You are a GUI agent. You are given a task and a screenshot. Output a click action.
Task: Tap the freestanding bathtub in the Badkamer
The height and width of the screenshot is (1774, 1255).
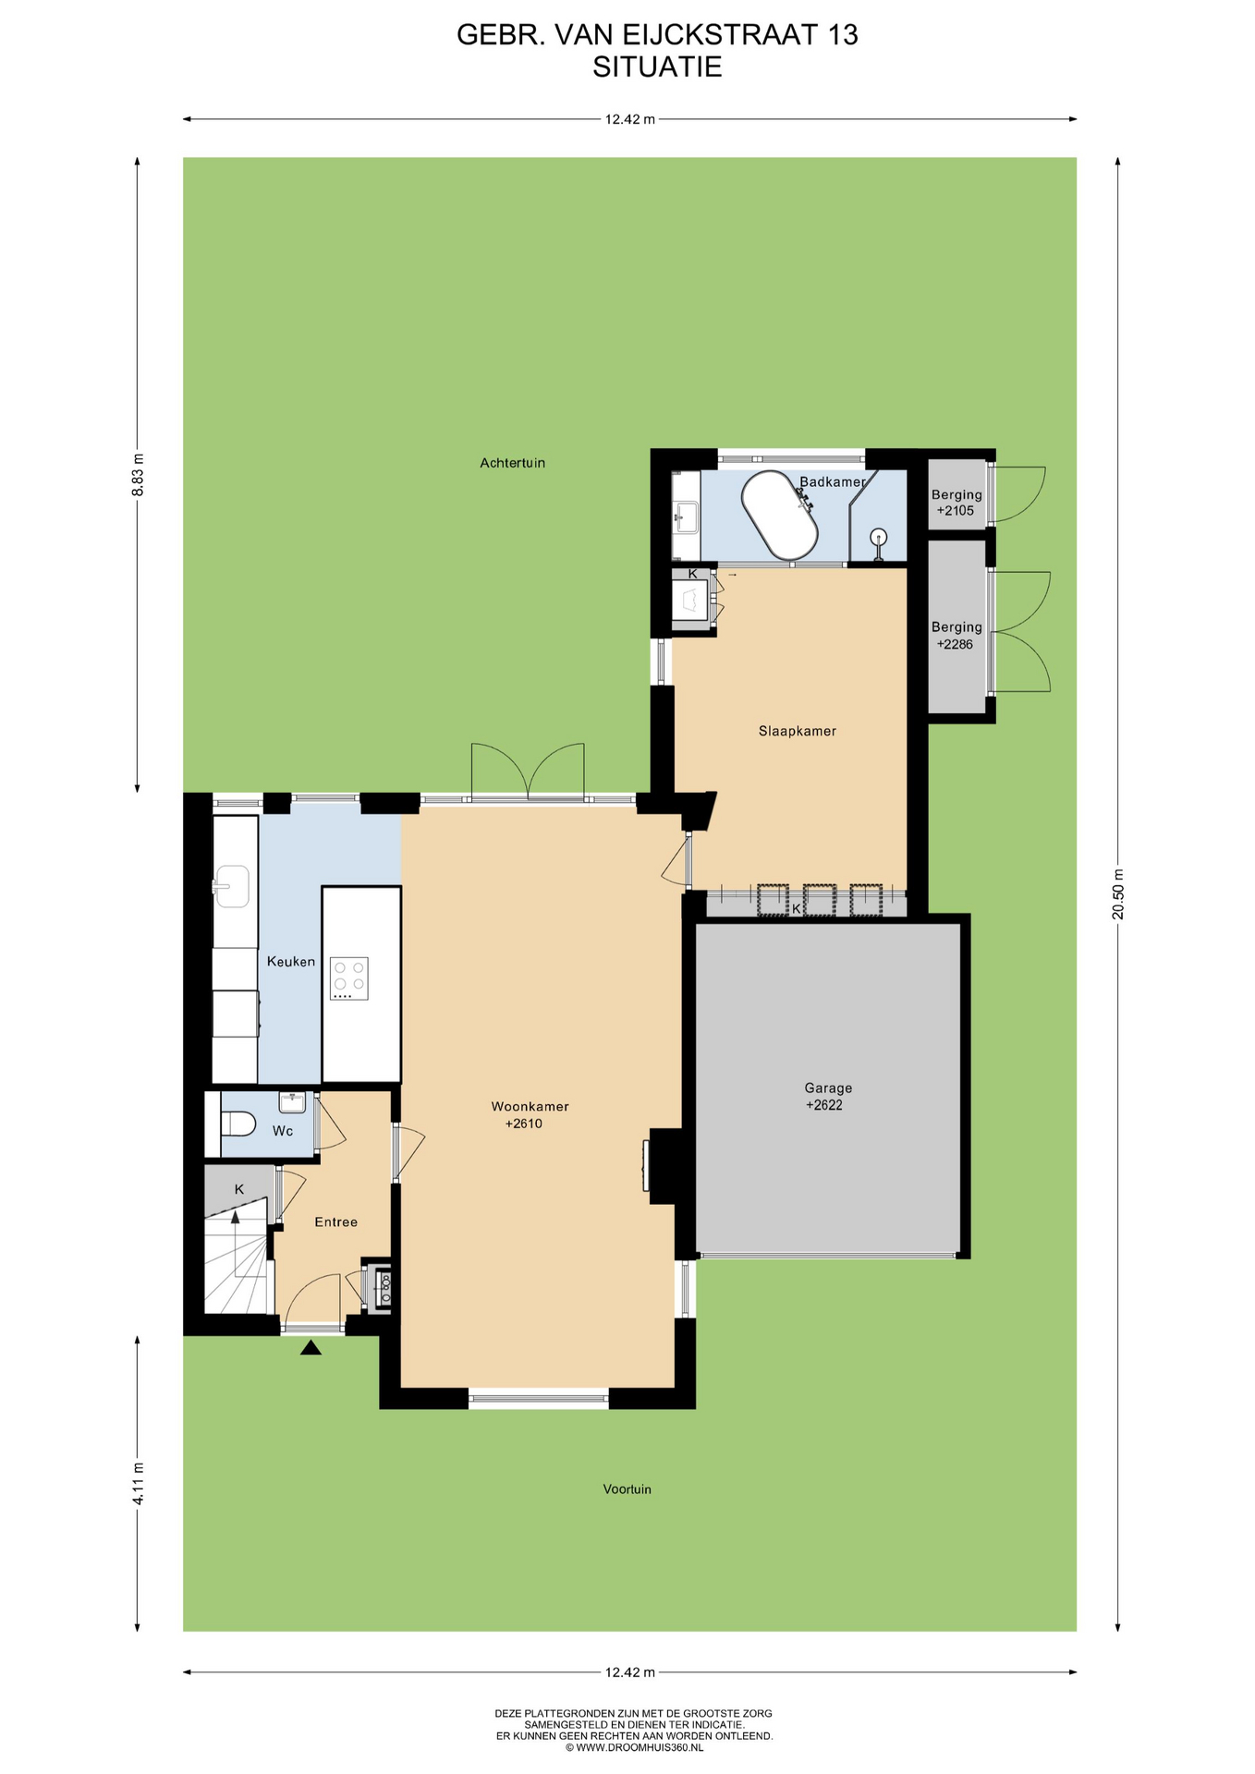tap(779, 516)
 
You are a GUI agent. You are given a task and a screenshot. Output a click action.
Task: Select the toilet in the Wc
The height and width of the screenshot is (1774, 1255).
tap(238, 1124)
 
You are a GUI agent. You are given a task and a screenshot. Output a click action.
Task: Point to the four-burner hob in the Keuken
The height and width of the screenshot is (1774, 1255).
tap(349, 978)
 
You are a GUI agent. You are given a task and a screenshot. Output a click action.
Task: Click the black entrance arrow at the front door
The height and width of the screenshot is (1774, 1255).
tap(311, 1348)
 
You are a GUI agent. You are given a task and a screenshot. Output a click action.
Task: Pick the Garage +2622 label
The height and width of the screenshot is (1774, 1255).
tap(828, 1097)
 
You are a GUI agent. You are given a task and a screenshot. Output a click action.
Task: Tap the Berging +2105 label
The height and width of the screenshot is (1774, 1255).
tap(956, 502)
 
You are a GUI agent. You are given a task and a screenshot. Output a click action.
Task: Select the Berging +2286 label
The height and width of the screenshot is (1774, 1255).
tap(956, 635)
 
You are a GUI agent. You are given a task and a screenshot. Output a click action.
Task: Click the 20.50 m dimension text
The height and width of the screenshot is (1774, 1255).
tap(1118, 894)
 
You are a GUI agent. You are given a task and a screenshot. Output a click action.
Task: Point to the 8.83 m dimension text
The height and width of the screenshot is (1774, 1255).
tap(138, 475)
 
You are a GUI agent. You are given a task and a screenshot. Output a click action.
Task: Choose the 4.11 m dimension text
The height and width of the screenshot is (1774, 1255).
tap(138, 1484)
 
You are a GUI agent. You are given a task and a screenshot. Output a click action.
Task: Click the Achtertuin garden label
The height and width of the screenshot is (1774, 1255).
tap(512, 463)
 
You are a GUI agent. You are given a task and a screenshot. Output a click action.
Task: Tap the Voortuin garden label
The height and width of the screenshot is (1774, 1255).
tap(627, 1488)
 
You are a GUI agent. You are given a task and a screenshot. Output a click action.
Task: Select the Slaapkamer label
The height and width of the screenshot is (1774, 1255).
tap(798, 731)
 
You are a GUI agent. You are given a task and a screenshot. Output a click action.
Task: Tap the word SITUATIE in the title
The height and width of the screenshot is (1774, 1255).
tap(657, 67)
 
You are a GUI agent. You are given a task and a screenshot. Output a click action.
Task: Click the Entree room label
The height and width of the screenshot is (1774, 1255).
tap(335, 1221)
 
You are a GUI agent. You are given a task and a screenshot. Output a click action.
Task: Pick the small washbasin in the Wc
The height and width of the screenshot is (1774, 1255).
tap(292, 1101)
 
